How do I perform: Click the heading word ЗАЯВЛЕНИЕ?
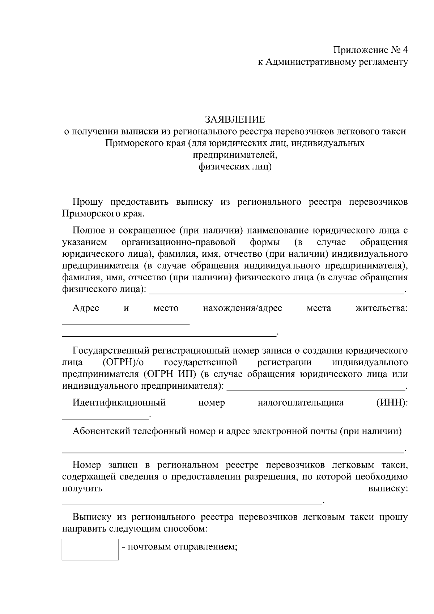pyautogui.click(x=235, y=119)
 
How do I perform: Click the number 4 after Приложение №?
pyautogui.click(x=405, y=50)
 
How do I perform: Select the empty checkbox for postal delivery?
pyautogui.click(x=90, y=549)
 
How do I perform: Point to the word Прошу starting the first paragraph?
pyautogui.click(x=88, y=202)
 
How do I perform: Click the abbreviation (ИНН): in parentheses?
pyautogui.click(x=392, y=402)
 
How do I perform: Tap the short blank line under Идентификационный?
pyautogui.click(x=106, y=418)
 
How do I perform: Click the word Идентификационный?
pyautogui.click(x=119, y=402)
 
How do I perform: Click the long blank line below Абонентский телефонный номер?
pyautogui.click(x=233, y=452)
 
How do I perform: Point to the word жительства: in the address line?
pyautogui.click(x=382, y=308)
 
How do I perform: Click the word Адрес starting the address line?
pyautogui.click(x=86, y=308)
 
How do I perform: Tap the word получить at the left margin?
pyautogui.click(x=82, y=489)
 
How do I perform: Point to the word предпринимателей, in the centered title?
pyautogui.click(x=235, y=155)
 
